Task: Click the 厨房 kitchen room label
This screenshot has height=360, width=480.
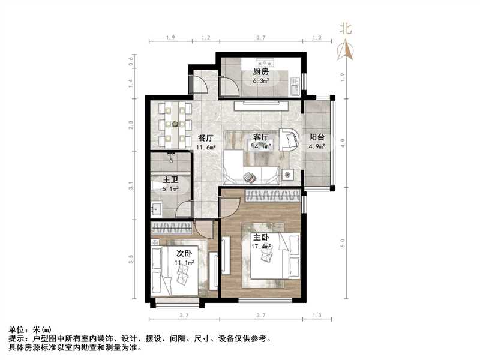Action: click(260, 73)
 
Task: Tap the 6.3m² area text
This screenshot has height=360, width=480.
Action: click(260, 81)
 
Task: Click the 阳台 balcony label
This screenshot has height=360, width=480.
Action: click(317, 137)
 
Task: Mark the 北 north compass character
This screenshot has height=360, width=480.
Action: click(346, 28)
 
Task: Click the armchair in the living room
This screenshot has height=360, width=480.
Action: click(289, 139)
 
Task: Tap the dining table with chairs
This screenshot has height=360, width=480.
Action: click(175, 124)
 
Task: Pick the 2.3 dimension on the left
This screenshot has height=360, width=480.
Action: click(131, 125)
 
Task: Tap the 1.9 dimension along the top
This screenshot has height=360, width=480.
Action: click(170, 38)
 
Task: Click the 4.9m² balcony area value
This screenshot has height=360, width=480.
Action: click(317, 146)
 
